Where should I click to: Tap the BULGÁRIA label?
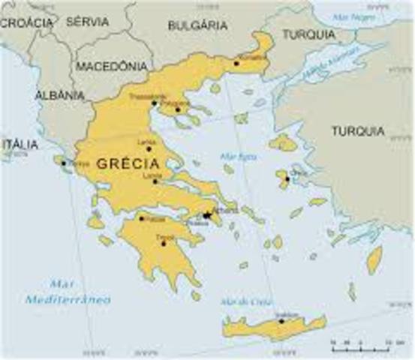coord(197,25)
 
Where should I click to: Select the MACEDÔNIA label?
coord(110,66)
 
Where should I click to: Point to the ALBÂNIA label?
coord(60,96)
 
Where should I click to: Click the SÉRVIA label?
coord(87,22)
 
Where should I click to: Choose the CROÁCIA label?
coord(26,22)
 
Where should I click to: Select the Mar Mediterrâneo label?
coord(68,292)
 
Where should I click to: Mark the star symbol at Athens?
coord(206,215)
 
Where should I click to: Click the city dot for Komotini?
coord(236,63)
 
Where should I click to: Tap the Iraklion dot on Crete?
coord(281,321)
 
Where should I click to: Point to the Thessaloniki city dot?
coord(154,103)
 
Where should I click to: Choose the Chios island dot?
coord(287,178)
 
